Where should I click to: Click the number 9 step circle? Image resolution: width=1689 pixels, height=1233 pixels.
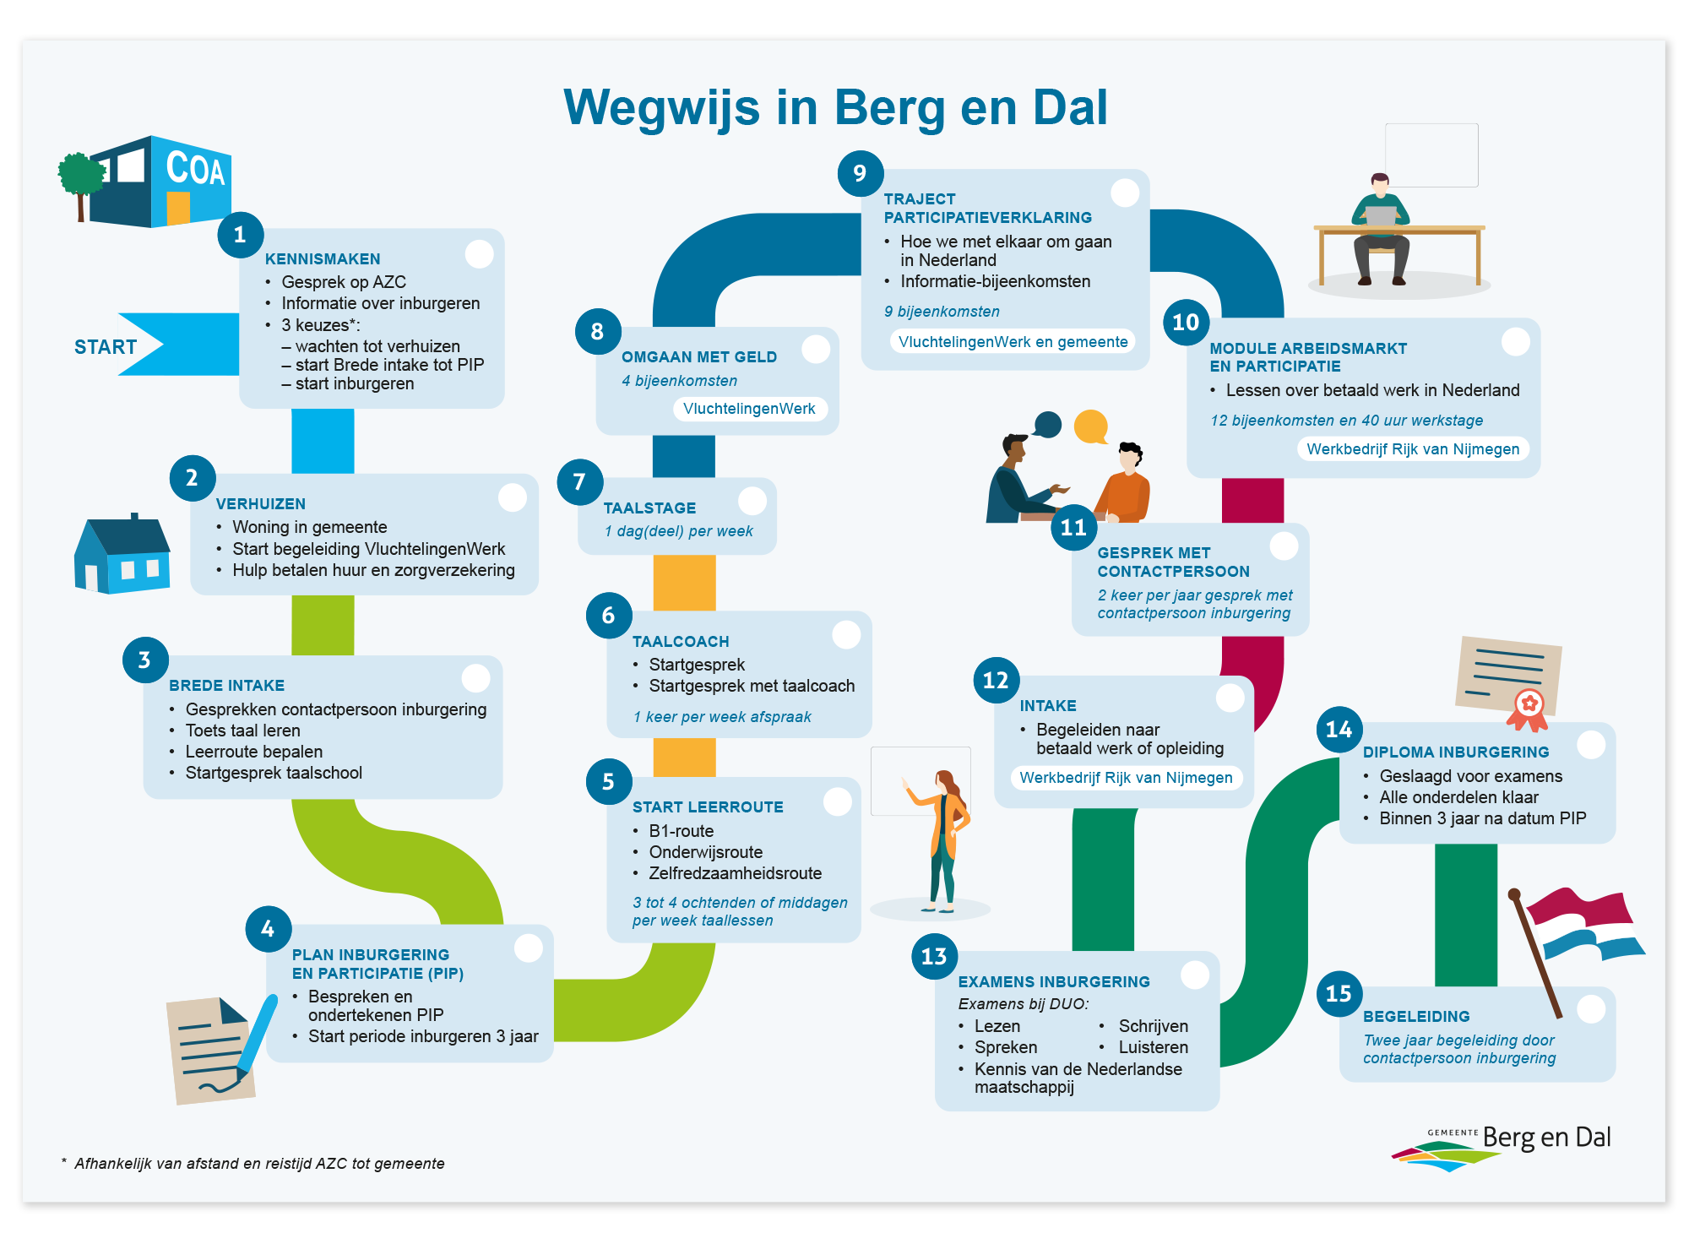(860, 173)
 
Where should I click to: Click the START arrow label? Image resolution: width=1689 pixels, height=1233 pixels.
(106, 346)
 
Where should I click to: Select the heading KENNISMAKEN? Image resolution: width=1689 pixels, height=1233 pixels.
(323, 259)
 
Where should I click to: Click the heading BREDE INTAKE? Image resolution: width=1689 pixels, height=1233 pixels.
(226, 686)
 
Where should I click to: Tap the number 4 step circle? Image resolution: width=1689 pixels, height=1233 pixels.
(268, 929)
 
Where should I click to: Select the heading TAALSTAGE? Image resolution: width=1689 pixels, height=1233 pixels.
(649, 508)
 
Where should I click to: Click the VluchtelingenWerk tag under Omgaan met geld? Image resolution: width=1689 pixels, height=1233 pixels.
(749, 409)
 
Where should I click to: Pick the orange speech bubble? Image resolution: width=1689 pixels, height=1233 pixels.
(1090, 426)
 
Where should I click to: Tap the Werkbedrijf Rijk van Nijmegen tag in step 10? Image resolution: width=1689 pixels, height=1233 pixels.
(1413, 449)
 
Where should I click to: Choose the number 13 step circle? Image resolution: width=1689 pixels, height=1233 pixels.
(933, 956)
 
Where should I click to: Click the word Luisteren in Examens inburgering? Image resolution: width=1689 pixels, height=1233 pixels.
(1153, 1047)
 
